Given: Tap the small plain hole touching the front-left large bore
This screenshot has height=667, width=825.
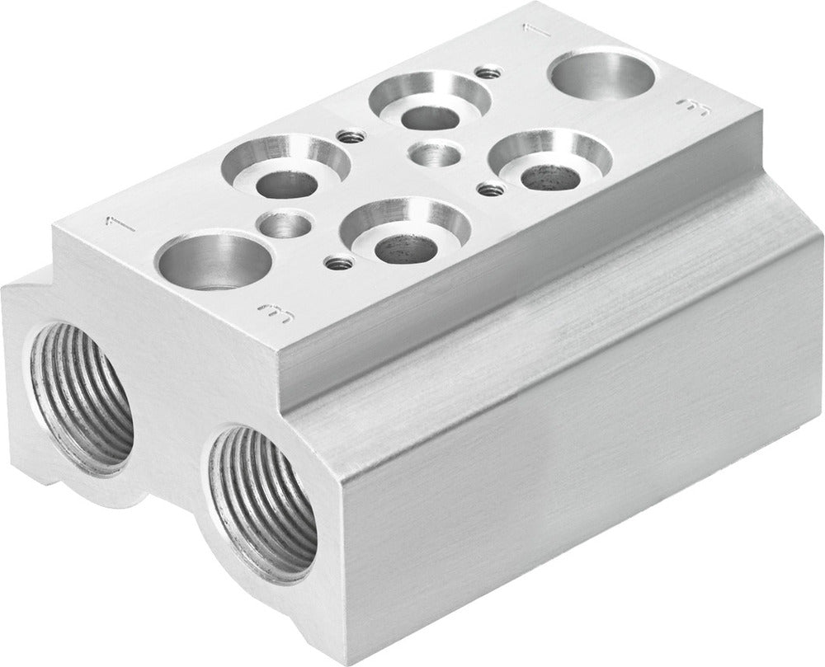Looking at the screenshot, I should [x=283, y=223].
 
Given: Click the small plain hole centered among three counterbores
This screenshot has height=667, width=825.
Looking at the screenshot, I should [x=435, y=153].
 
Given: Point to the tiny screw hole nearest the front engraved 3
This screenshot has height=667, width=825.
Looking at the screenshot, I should [x=337, y=264].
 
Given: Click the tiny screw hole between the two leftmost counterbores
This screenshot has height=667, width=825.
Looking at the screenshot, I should [x=349, y=136].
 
